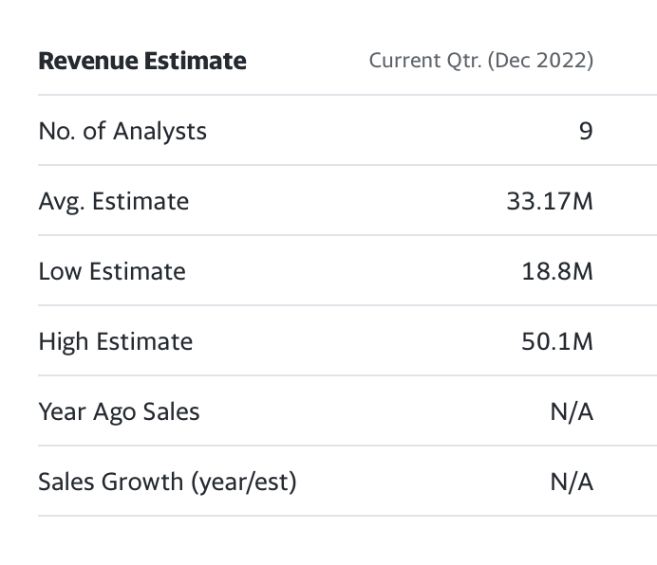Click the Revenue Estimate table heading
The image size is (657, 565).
pyautogui.click(x=142, y=62)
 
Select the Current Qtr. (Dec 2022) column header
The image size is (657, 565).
pyautogui.click(x=480, y=62)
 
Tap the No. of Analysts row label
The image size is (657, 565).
pyautogui.click(x=122, y=131)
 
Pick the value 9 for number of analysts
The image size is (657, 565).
pyautogui.click(x=585, y=131)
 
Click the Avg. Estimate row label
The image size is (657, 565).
pyautogui.click(x=114, y=201)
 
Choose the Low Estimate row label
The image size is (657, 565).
pyautogui.click(x=112, y=271)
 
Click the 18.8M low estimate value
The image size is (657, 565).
pyautogui.click(x=557, y=271)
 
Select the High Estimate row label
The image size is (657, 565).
pyautogui.click(x=116, y=341)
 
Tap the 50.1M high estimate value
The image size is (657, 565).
pyautogui.click(x=557, y=341)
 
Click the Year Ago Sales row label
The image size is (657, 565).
pyautogui.click(x=120, y=411)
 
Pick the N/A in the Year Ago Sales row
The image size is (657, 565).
pyautogui.click(x=572, y=411)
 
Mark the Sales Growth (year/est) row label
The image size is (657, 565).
pyautogui.click(x=168, y=482)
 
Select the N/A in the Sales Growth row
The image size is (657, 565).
pyautogui.click(x=572, y=482)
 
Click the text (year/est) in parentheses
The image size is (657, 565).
pyautogui.click(x=244, y=482)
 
